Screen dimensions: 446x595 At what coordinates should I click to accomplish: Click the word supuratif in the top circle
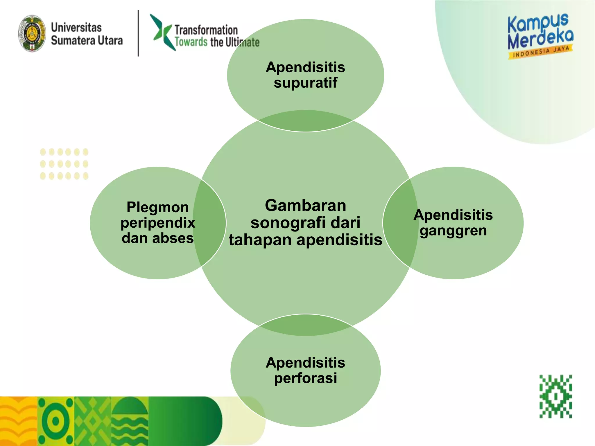pos(305,83)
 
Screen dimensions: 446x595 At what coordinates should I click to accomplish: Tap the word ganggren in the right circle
pos(453,231)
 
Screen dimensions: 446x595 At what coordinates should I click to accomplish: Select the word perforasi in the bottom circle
pos(305,378)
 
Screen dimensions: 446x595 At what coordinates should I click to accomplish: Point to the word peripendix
pos(158,223)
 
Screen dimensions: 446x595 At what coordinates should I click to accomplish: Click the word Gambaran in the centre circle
pos(305,206)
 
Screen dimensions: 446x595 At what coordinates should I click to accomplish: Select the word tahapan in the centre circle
pos(260,240)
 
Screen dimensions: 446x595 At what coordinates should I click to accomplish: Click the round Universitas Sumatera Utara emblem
pos(32,34)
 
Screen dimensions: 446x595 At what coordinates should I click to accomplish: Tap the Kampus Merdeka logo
pos(540,32)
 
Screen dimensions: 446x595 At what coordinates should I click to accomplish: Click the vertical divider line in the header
pos(138,33)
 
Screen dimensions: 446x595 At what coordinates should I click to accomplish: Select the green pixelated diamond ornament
pos(555,396)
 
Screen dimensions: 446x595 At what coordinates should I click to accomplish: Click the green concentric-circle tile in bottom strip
pos(56,421)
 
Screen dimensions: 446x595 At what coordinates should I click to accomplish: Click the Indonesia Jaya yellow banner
pos(540,52)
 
